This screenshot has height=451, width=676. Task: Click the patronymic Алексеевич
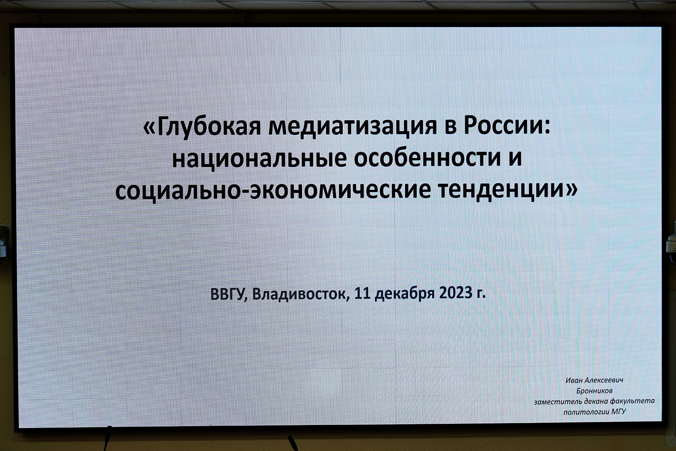[x=604, y=380]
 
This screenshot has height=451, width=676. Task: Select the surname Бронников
[x=595, y=391]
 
